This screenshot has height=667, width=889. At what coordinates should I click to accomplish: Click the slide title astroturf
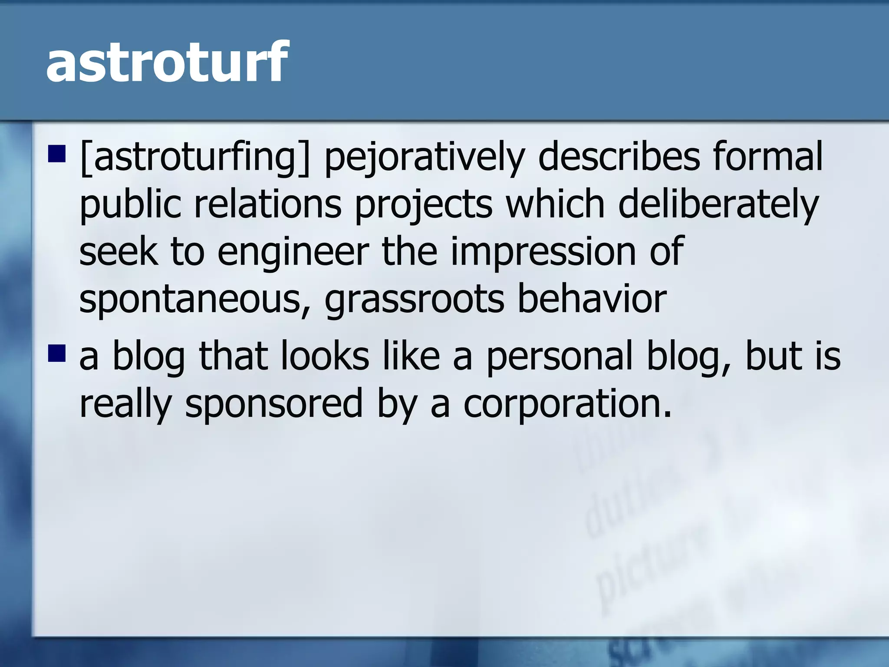pos(166,62)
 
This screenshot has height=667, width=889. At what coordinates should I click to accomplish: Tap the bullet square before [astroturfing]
pos(56,152)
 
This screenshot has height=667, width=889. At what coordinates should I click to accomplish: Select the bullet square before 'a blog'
pos(56,353)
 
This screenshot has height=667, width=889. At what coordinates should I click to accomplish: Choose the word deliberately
pos(718,205)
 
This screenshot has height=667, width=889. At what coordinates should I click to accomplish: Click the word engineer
pos(293,253)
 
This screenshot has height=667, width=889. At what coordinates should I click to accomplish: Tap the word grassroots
pos(414,300)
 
